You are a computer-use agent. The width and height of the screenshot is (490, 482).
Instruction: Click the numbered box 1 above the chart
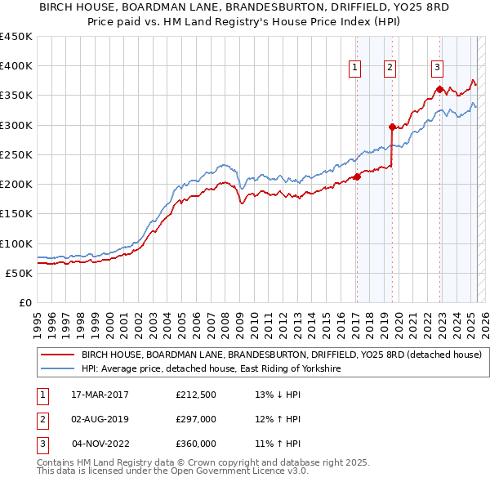[x=356, y=68]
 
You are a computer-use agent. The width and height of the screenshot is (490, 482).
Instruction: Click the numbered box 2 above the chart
[x=390, y=68]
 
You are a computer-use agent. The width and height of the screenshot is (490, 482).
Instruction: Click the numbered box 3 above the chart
[x=438, y=68]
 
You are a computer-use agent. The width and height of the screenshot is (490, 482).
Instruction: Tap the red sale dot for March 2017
[x=357, y=176]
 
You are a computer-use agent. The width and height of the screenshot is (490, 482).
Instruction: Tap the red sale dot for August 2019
[x=392, y=127]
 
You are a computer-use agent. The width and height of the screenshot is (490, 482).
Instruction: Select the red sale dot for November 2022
[x=439, y=89]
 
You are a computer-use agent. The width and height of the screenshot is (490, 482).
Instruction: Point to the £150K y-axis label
[x=16, y=214]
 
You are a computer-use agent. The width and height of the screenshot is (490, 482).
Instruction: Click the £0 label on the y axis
[x=24, y=302]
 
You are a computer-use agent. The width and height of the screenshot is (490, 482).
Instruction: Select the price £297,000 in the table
[x=196, y=420]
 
